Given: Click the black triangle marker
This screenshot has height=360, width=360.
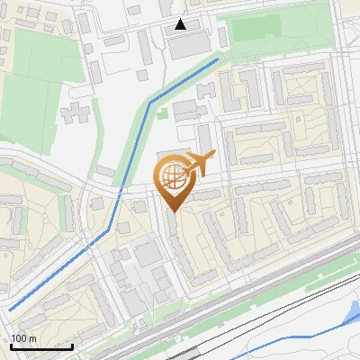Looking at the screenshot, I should [181, 24].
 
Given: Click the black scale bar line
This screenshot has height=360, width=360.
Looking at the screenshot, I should [41, 346].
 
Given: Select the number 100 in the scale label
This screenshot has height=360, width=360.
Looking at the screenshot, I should [19, 338].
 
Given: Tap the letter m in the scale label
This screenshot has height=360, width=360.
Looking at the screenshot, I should [31, 338].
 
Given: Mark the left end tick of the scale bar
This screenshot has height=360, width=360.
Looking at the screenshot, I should [11, 346].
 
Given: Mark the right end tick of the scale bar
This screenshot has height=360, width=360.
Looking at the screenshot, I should [72, 346].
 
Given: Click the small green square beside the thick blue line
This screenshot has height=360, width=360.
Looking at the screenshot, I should [163, 113].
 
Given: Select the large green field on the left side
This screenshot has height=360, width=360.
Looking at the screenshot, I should [31, 103].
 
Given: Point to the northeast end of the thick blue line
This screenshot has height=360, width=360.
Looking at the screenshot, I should [218, 59].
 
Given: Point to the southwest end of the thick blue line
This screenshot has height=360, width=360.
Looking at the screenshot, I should [11, 310].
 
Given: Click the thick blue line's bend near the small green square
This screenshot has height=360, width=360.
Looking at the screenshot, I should [150, 102].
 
